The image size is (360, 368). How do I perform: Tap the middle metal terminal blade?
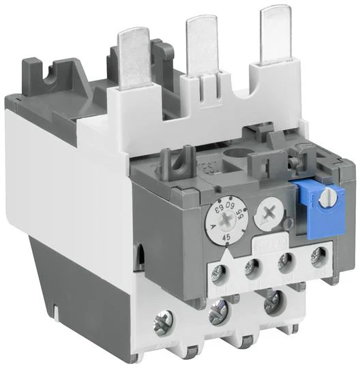point(201,41)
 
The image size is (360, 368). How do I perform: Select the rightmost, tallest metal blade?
point(277,31)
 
